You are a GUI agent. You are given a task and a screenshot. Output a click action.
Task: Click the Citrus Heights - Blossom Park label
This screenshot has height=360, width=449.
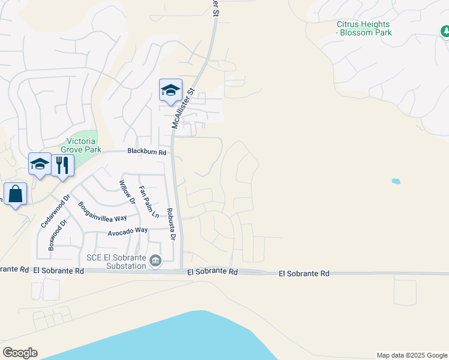(x=364, y=28)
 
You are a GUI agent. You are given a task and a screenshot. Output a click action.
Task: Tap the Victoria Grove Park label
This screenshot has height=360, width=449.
(x=81, y=145)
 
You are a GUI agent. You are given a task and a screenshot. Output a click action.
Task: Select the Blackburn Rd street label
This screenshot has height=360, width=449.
(x=146, y=152)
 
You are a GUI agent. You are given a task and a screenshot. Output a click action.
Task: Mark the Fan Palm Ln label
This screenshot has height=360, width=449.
(x=149, y=202)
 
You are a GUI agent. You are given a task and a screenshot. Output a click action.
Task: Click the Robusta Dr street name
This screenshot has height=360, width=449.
(x=170, y=224)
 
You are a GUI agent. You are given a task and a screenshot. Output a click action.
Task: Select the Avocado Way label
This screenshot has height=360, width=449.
(x=127, y=230)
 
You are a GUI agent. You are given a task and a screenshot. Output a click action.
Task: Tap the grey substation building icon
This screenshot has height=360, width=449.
(x=155, y=260)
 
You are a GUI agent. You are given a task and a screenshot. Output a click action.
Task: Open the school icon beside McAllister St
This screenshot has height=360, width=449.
(x=170, y=90)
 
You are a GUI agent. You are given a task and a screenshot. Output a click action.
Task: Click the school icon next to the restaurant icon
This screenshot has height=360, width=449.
(x=40, y=164)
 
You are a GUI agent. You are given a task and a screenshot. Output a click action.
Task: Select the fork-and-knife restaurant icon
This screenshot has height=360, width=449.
(x=62, y=164)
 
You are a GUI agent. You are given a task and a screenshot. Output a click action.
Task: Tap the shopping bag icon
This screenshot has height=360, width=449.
(x=15, y=194)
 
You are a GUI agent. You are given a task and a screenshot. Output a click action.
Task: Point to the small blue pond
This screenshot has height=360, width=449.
(x=396, y=181)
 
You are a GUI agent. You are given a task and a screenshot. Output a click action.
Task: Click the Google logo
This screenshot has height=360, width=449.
(x=20, y=353)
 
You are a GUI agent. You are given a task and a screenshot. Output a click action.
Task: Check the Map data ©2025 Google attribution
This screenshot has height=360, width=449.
(x=412, y=355)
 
